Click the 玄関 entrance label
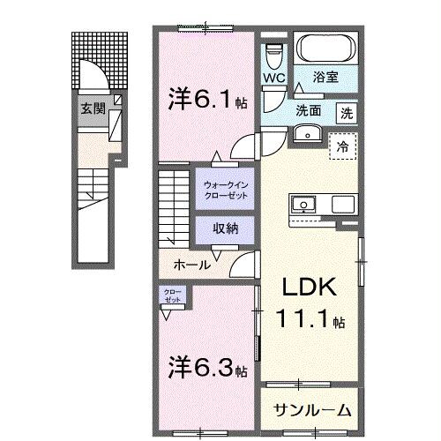click(93, 109)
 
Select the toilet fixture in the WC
click(273, 54)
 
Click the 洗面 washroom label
click(308, 112)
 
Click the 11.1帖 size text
click(310, 319)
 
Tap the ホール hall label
click(191, 264)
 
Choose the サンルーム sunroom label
click(311, 409)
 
